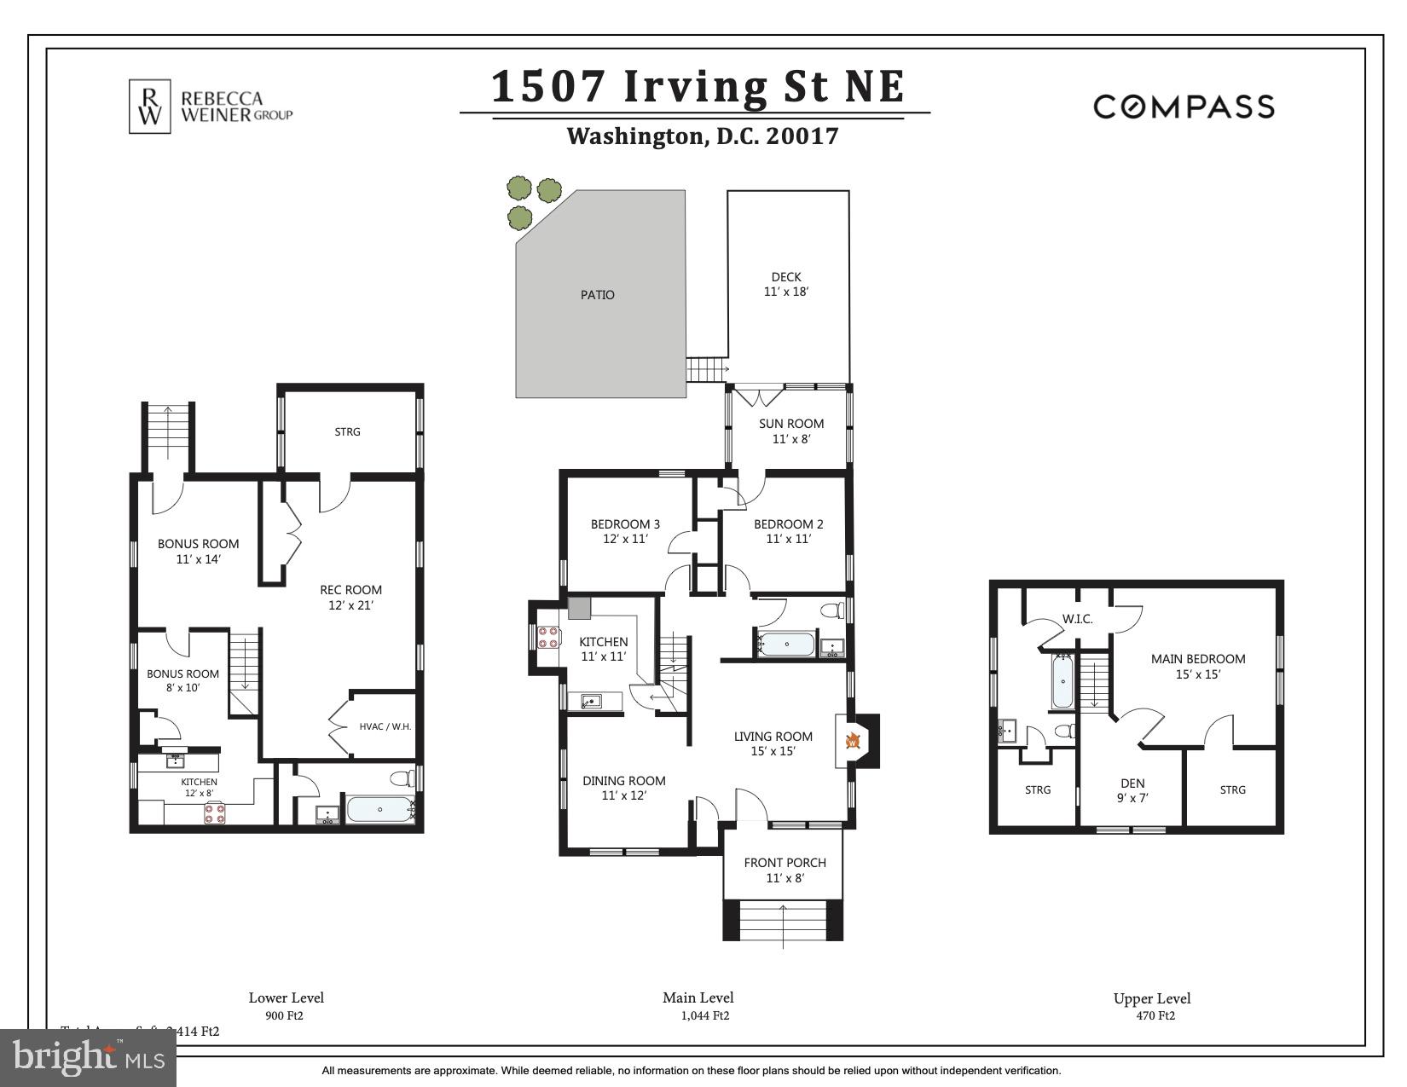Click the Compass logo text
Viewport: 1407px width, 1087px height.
1184,107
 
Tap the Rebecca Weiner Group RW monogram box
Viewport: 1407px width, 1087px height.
150,107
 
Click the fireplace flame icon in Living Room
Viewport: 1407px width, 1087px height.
852,741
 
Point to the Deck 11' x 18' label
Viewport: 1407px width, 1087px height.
785,284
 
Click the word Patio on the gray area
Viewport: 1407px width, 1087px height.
597,295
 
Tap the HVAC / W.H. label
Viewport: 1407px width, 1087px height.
385,726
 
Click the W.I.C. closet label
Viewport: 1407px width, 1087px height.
1077,619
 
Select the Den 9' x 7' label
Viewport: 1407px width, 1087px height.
1132,790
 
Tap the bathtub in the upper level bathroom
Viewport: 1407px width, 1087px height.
1062,682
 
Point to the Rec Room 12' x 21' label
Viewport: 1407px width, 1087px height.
350,597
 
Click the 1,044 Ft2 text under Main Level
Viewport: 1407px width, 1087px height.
704,1015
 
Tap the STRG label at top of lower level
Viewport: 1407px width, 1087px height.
347,431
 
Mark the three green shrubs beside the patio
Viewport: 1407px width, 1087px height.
529,201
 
